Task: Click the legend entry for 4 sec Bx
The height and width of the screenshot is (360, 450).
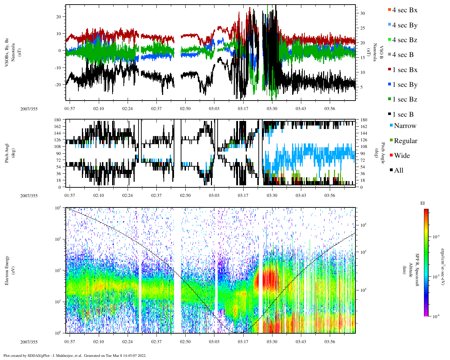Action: pyautogui.click(x=405, y=10)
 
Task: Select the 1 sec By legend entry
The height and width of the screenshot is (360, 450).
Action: pyautogui.click(x=405, y=85)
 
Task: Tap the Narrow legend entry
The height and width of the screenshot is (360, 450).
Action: pyautogui.click(x=405, y=126)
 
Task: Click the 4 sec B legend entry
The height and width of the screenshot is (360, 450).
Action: pyautogui.click(x=403, y=55)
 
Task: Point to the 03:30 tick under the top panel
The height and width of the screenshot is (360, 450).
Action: pyautogui.click(x=272, y=109)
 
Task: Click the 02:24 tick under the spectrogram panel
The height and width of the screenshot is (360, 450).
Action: pyautogui.click(x=127, y=342)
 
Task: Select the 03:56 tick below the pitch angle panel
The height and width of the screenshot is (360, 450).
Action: pyautogui.click(x=329, y=195)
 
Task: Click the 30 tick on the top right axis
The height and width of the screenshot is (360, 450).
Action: pyautogui.click(x=362, y=13)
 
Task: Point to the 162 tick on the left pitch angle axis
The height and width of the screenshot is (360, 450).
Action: pyautogui.click(x=57, y=127)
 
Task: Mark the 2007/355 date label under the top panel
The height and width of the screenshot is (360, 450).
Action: pyautogui.click(x=29, y=109)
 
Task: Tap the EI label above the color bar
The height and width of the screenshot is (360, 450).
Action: pyautogui.click(x=423, y=203)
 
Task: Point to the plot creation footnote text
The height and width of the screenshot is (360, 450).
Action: pyautogui.click(x=75, y=355)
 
